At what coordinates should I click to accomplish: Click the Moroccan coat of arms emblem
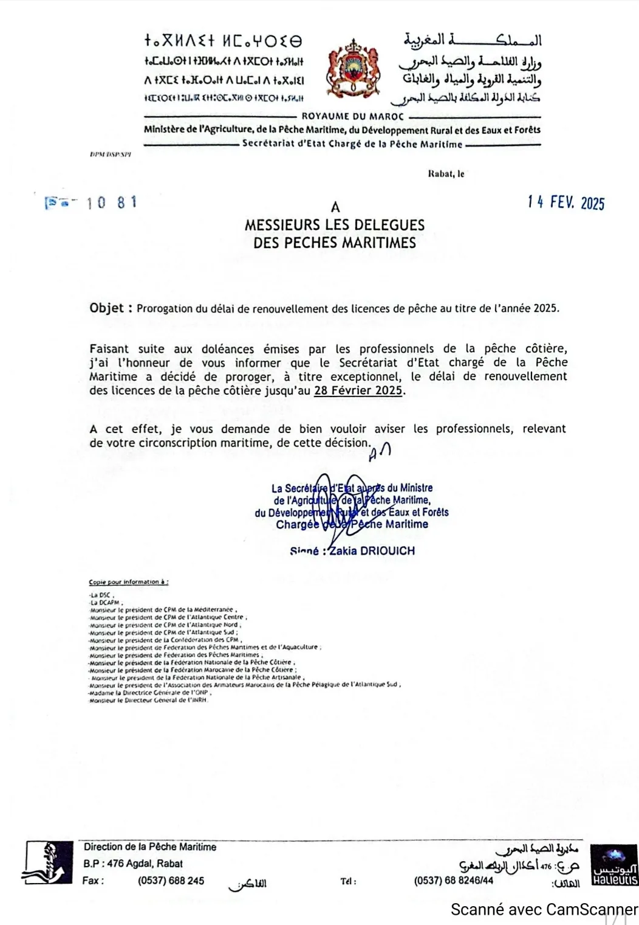coord(350,71)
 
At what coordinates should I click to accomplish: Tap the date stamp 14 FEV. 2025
coord(566,203)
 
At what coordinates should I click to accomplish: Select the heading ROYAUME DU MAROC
coord(352,116)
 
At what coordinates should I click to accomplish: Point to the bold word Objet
coord(107,308)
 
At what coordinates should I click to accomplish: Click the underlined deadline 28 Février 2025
coord(358,390)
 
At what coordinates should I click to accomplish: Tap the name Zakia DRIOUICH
coord(372,551)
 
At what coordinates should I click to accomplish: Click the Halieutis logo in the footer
coord(614,864)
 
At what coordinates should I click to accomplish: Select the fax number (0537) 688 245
coord(171,881)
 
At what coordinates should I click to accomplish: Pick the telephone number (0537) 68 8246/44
coord(453,881)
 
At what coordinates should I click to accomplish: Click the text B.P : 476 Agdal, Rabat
coord(133,864)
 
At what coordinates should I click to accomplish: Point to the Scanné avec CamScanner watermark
coord(544,909)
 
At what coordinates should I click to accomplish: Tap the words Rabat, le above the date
coord(446,174)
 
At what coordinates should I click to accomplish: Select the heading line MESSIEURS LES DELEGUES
coord(335,225)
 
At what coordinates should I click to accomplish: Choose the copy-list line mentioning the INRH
coord(148,700)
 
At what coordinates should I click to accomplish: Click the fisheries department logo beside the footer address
coord(47,862)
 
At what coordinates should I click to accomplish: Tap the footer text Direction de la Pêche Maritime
coord(149,847)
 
